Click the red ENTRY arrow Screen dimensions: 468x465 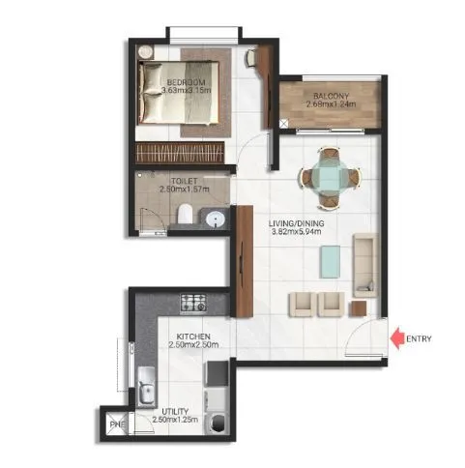(x=397, y=337)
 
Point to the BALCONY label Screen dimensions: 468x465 (x=324, y=96)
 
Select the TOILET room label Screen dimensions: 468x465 (x=184, y=180)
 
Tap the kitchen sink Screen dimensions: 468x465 (x=147, y=389)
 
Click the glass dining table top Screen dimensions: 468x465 (x=329, y=177)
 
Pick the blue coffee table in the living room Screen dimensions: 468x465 (x=331, y=257)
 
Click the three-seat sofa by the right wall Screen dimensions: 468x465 (x=365, y=260)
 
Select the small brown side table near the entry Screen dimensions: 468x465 (x=360, y=307)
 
